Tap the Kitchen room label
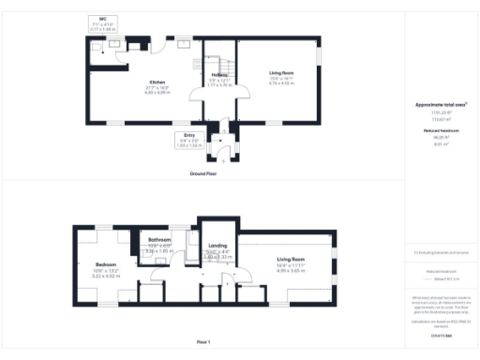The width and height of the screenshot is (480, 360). point(129,82)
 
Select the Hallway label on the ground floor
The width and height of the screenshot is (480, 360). point(219,75)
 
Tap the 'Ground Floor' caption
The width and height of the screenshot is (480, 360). point(203,174)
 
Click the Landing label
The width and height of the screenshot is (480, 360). point(217,246)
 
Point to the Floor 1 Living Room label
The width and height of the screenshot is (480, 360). point(289,261)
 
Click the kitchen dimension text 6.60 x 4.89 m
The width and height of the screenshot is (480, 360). point(129,92)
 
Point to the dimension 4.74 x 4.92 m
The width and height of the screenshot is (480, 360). point(281,85)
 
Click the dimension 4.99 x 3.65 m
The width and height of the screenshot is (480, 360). point(289,271)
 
